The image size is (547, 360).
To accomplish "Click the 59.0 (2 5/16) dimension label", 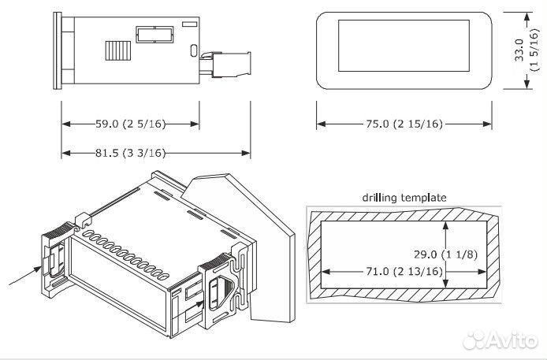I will pyautogui.click(x=130, y=124).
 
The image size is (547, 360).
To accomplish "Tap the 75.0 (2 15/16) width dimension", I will pyautogui.click(x=404, y=124).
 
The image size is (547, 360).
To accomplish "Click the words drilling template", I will pyautogui.click(x=404, y=197).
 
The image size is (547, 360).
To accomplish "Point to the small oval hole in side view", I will pyautogui.click(x=193, y=54).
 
